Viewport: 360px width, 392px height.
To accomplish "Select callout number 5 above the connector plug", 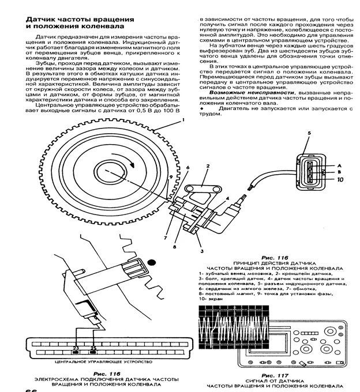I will pyautogui.click(x=309, y=134).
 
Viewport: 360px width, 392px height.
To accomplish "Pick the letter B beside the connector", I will pyautogui.click(x=339, y=172).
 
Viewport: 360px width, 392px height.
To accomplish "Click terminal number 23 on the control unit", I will pyautogui.click(x=77, y=349).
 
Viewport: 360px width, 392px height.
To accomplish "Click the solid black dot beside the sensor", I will pyautogui.click(x=152, y=262).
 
